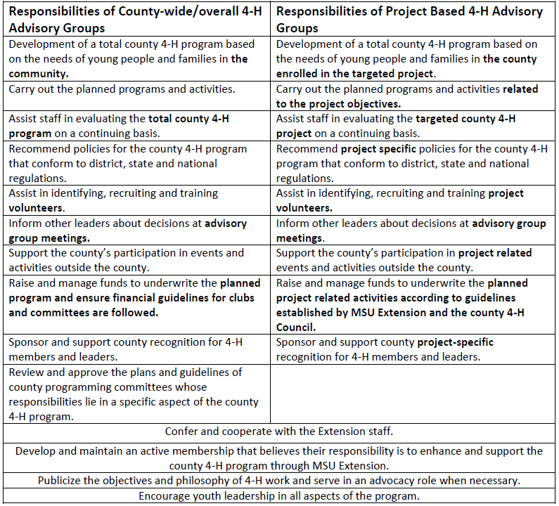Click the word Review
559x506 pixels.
(x=26, y=372)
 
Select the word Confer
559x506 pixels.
(x=182, y=431)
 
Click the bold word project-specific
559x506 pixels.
(x=456, y=342)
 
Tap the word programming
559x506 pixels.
(x=72, y=387)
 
